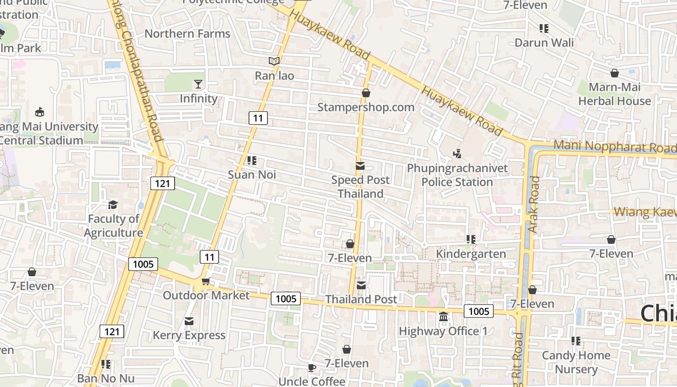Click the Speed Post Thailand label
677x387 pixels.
click(x=360, y=187)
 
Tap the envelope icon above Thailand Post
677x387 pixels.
click(x=361, y=285)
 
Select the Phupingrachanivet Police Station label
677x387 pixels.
click(x=457, y=175)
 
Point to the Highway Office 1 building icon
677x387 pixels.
click(x=443, y=317)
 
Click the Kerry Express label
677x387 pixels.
click(x=189, y=335)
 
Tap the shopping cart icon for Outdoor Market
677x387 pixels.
click(x=206, y=282)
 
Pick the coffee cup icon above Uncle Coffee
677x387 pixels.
click(x=312, y=368)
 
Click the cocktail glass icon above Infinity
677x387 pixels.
click(x=198, y=84)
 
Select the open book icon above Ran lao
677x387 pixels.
click(x=274, y=61)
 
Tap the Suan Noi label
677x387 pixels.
click(x=252, y=174)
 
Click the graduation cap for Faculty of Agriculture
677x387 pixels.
click(x=113, y=205)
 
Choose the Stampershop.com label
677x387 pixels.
click(x=366, y=107)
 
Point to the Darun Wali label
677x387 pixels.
click(x=544, y=43)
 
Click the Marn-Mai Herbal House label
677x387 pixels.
click(x=615, y=94)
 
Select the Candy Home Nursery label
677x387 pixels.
click(x=576, y=362)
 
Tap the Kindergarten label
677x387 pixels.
click(x=471, y=253)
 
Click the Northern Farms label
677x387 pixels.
click(x=187, y=33)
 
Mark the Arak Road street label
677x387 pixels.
click(x=534, y=205)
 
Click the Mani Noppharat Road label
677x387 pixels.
click(x=614, y=146)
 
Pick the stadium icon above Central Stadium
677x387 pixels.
click(x=40, y=112)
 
